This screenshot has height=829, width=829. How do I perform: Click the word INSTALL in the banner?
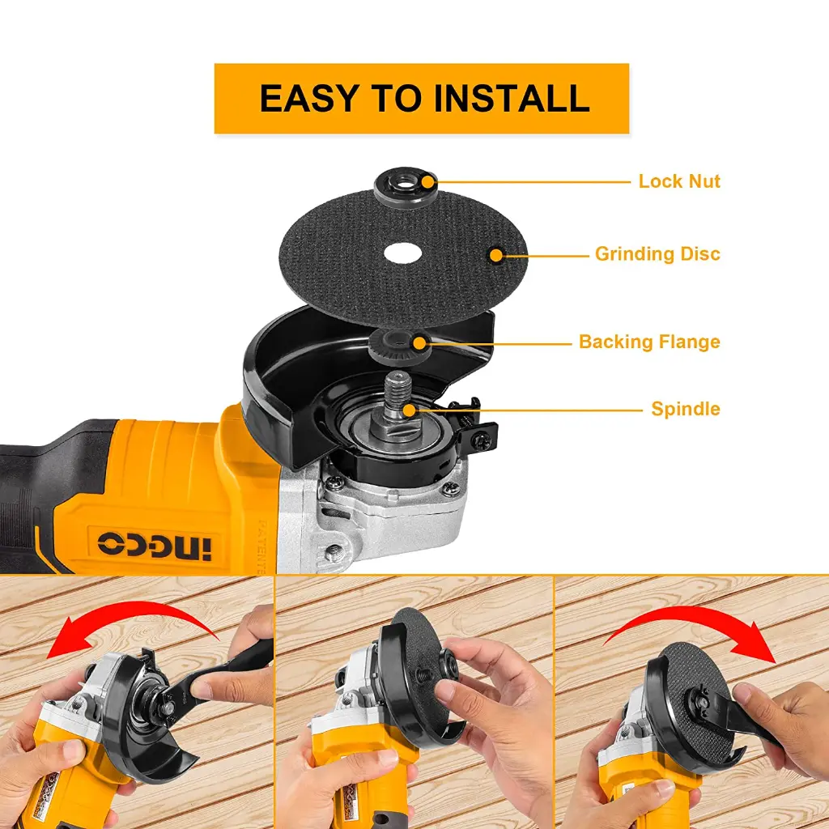point(511,98)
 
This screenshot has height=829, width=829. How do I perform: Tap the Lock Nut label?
point(678,181)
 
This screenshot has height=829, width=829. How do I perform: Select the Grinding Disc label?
point(657,254)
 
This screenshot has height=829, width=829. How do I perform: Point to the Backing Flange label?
point(648,342)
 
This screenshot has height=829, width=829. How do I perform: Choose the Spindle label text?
point(685,409)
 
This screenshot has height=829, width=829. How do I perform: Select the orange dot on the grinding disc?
point(495,255)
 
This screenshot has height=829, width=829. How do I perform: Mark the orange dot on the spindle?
point(410,410)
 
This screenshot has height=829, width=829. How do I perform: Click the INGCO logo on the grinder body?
point(154,543)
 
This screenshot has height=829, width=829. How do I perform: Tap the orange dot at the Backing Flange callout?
point(421,343)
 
